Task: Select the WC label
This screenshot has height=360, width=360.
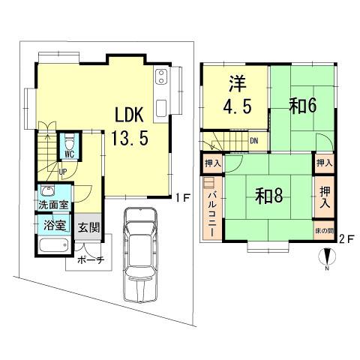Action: pyautogui.click(x=69, y=154)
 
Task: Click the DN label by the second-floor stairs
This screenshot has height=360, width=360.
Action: pyautogui.click(x=254, y=140)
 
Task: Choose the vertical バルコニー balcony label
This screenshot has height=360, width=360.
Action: pyautogui.click(x=211, y=212)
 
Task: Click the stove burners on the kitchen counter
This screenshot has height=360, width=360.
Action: pyautogui.click(x=161, y=76)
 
